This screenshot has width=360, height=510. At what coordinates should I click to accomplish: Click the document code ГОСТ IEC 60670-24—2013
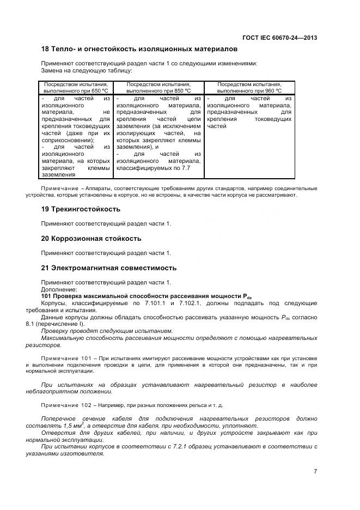click(280, 38)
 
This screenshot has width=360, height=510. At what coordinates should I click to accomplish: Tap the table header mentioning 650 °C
click(76, 88)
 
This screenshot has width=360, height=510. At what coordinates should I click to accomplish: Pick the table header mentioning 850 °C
click(158, 88)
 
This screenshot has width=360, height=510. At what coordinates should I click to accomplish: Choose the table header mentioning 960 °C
click(249, 88)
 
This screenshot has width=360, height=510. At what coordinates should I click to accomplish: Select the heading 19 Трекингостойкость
click(81, 209)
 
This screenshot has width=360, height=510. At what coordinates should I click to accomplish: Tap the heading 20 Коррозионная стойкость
click(91, 239)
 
